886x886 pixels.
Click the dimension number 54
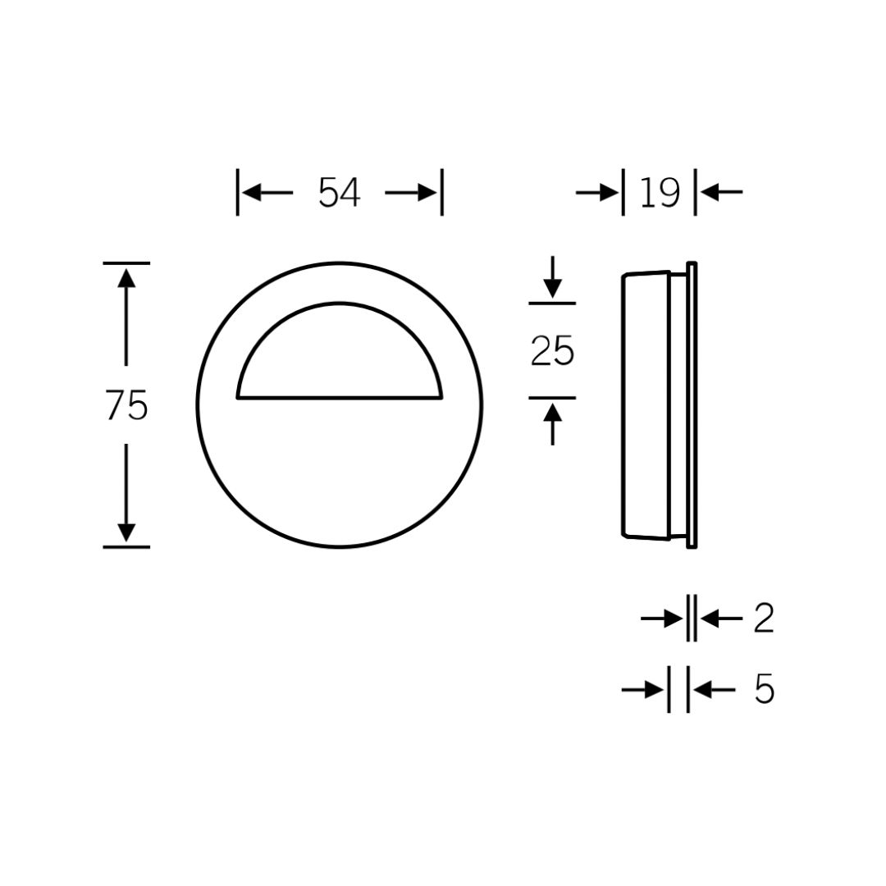tap(339, 193)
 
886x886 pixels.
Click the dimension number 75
tap(127, 405)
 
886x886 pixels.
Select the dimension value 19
tap(659, 193)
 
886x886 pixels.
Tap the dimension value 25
tap(552, 351)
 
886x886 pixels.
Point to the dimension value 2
tap(763, 619)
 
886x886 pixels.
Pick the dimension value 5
tap(764, 690)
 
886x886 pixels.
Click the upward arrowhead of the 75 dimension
tap(126, 276)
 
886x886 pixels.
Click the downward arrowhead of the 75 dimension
tap(126, 532)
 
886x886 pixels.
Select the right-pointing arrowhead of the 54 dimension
tap(427, 193)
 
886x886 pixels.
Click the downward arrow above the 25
tap(553, 288)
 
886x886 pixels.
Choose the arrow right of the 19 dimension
tap(710, 193)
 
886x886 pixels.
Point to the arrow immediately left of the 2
tap(673, 619)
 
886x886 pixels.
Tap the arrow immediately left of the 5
tap(654, 690)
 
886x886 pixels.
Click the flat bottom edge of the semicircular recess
tap(340, 399)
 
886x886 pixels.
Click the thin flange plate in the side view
tap(692, 405)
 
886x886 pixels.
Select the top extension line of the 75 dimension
tap(126, 263)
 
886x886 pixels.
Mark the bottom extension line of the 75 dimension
tap(126, 546)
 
